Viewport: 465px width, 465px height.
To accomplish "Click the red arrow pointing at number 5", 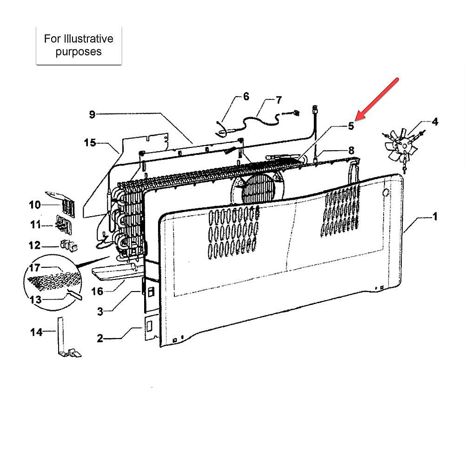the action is (377, 99).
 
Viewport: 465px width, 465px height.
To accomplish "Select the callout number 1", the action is (435, 217).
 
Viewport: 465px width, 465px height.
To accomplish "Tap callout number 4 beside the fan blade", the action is (435, 121).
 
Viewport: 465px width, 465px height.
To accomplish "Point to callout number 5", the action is (351, 126).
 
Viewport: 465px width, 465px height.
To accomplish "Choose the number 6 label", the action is (246, 96).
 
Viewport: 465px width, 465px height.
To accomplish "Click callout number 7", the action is (279, 100).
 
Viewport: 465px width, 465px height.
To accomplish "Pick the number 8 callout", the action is (352, 150).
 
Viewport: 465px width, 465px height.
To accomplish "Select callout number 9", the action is (92, 114).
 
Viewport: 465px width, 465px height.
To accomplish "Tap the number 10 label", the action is (35, 205).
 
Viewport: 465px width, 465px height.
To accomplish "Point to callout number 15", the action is (90, 143).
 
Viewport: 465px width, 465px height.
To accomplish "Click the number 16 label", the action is (97, 291).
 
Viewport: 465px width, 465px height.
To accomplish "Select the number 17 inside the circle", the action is (35, 268).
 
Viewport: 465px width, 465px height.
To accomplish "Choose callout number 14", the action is (36, 332).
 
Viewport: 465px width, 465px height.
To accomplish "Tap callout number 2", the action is (100, 338).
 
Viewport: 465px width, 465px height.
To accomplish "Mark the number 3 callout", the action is (100, 312).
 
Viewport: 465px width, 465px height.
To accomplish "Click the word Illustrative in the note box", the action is (89, 39).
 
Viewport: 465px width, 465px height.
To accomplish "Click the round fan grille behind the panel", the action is (258, 188).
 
